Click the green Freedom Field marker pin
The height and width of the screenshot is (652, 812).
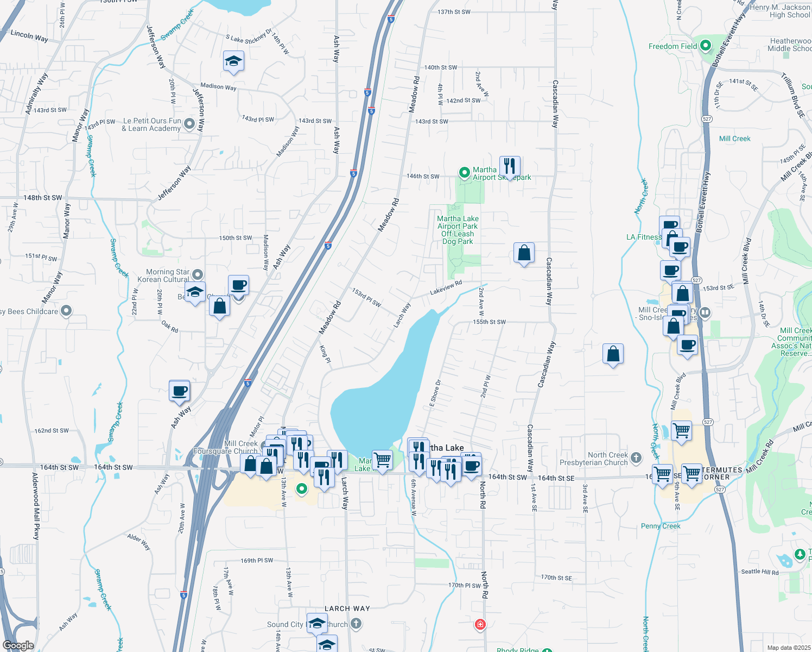tap(706, 46)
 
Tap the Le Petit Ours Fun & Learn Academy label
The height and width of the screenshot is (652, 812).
tap(151, 124)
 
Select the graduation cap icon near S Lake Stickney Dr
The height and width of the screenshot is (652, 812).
tap(233, 61)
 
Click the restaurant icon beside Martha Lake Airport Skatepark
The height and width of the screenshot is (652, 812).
tap(509, 166)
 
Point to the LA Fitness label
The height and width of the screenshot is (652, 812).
tap(644, 237)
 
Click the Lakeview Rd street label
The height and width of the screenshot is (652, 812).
tap(446, 287)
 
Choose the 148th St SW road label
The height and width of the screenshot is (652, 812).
tap(43, 198)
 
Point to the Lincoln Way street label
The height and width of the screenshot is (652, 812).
tap(29, 36)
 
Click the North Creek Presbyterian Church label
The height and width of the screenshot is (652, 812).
tap(607, 459)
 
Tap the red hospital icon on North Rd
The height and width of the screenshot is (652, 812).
tap(480, 624)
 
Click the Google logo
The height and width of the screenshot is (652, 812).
tap(18, 645)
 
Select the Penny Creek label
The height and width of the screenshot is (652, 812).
tap(661, 526)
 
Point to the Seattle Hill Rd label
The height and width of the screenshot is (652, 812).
tap(759, 572)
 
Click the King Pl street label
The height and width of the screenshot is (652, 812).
tap(325, 352)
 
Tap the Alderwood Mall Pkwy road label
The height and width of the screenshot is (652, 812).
tap(36, 506)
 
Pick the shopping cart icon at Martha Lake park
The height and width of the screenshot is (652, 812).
tap(382, 460)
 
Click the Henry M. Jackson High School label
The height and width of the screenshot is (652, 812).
tap(781, 11)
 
